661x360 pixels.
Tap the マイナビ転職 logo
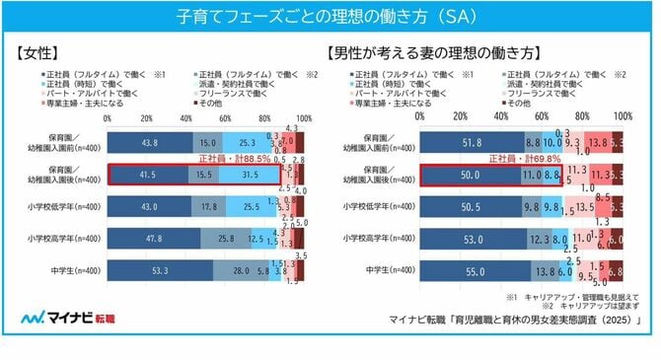click(x=61, y=319)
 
